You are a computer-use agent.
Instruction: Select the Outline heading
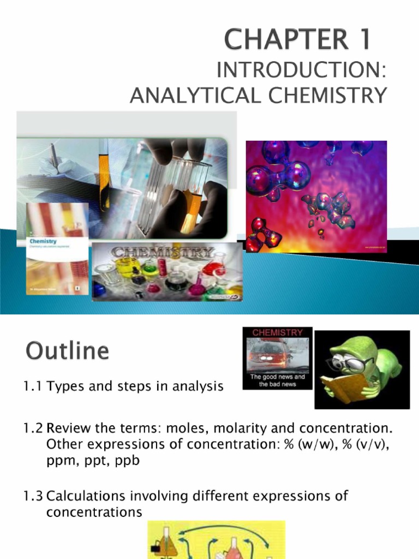coord(67,350)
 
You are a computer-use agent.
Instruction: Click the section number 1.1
coord(33,387)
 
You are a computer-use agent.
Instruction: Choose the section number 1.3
coord(33,496)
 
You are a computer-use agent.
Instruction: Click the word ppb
coord(127,461)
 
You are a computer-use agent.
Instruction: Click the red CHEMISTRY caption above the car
coord(278,332)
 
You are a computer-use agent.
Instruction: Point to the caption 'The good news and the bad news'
coord(278,380)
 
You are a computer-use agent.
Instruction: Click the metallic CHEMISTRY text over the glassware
coord(163,254)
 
